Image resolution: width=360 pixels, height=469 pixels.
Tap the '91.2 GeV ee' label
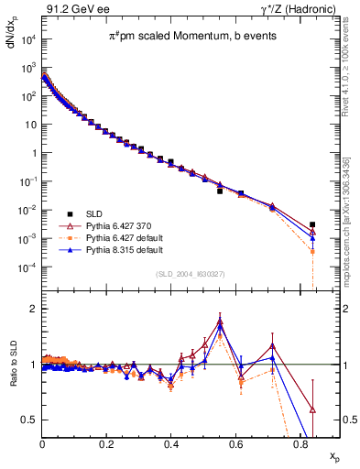tap(72, 8)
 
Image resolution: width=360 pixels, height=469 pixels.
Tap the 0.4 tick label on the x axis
tap(172, 445)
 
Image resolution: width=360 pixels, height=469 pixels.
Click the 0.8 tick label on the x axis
tap(300, 445)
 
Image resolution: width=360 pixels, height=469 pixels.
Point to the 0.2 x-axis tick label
tap(107, 445)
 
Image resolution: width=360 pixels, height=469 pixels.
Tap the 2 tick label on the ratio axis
tap(32, 309)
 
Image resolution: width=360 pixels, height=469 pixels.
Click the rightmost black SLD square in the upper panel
tap(312, 224)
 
